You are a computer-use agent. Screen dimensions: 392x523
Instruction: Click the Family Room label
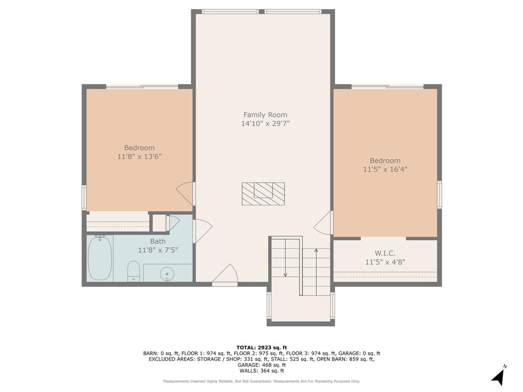[265, 115]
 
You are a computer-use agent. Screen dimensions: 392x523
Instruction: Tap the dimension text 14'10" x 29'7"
[265, 124]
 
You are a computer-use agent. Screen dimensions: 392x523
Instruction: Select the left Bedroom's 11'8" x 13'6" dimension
[139, 157]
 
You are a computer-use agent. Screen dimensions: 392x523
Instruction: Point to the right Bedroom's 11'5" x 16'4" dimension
[385, 169]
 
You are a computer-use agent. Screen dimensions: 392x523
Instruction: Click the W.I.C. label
[385, 254]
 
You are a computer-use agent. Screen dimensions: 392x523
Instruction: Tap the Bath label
[158, 241]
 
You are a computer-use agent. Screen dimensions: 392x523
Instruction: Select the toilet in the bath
[133, 271]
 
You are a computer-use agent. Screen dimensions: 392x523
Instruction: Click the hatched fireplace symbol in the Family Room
[263, 194]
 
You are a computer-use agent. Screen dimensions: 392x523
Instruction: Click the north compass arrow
[499, 376]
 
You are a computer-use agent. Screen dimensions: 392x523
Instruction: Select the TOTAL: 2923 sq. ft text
[261, 348]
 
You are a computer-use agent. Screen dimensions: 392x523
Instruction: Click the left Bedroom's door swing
[185, 193]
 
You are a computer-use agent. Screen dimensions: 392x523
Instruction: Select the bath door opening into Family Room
[202, 231]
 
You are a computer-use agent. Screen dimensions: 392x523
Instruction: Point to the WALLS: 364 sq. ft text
[261, 371]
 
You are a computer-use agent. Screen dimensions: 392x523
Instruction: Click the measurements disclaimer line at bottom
[261, 381]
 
